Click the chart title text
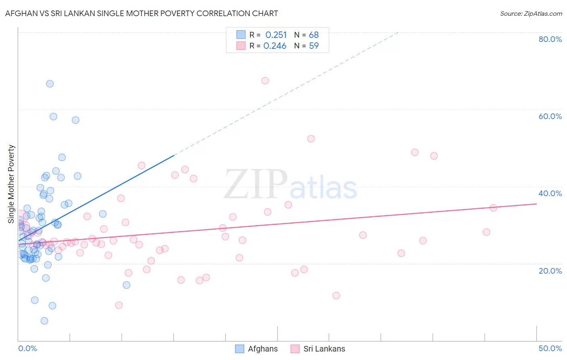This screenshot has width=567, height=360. pyautogui.click(x=142, y=13)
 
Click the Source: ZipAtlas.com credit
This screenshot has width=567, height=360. pyautogui.click(x=531, y=14)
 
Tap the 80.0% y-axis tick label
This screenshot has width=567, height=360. pyautogui.click(x=550, y=39)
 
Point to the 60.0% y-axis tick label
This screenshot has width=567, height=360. pyautogui.click(x=550, y=116)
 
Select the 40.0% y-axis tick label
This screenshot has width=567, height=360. pyautogui.click(x=550, y=193)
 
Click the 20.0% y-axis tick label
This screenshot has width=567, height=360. pyautogui.click(x=550, y=270)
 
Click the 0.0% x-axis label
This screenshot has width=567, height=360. pyautogui.click(x=27, y=348)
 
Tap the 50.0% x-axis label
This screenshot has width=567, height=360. pyautogui.click(x=550, y=348)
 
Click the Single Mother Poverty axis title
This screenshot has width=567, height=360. pyautogui.click(x=11, y=184)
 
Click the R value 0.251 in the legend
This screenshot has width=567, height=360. pyautogui.click(x=276, y=35)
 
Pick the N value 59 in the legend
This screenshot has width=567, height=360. pyautogui.click(x=314, y=46)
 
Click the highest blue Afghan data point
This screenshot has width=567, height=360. pyautogui.click(x=50, y=84)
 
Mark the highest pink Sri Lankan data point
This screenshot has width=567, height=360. pyautogui.click(x=265, y=81)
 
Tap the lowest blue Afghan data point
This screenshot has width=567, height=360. pyautogui.click(x=44, y=321)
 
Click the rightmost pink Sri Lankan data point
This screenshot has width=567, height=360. pyautogui.click(x=493, y=208)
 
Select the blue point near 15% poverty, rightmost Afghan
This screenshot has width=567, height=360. pyautogui.click(x=127, y=285)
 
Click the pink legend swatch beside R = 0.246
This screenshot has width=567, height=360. pyautogui.click(x=241, y=46)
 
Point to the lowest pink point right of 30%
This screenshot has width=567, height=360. pyautogui.click(x=336, y=295)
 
